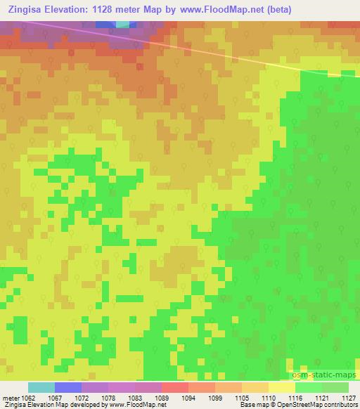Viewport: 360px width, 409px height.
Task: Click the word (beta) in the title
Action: coord(275,10)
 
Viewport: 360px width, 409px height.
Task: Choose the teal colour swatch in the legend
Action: coord(41,387)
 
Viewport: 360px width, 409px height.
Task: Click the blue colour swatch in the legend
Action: coord(68,387)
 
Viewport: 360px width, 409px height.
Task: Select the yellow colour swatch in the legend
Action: coord(281,387)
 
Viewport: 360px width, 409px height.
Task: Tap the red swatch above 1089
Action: coord(174,387)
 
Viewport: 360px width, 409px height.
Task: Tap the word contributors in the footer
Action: coord(342,405)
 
